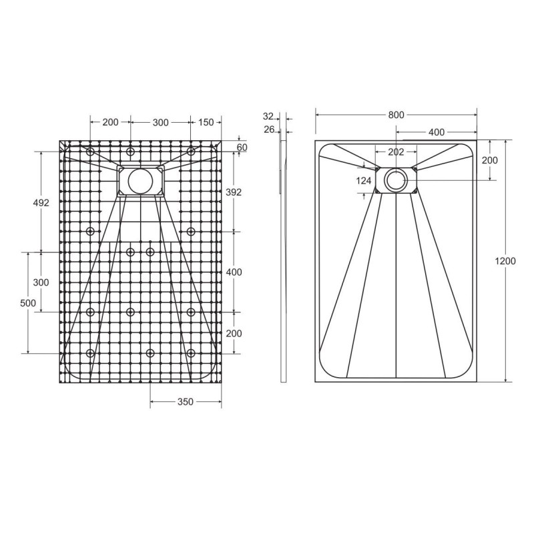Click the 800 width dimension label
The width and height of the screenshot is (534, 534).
pyautogui.click(x=396, y=115)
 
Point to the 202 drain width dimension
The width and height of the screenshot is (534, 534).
pyautogui.click(x=396, y=152)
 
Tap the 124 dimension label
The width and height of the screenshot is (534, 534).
pyautogui.click(x=364, y=181)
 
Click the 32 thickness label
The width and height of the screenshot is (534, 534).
pyautogui.click(x=269, y=116)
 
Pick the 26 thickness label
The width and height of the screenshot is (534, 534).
pyautogui.click(x=269, y=129)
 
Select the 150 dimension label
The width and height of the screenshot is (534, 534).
pyautogui.click(x=206, y=122)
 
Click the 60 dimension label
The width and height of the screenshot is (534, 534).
pyautogui.click(x=242, y=147)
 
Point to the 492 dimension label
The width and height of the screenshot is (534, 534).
pyautogui.click(x=41, y=203)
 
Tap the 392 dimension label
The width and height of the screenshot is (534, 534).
pyautogui.click(x=233, y=192)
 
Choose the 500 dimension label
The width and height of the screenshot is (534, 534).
pyautogui.click(x=28, y=303)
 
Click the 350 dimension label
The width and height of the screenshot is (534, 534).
pyautogui.click(x=185, y=402)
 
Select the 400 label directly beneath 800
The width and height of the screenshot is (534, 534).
pyautogui.click(x=437, y=132)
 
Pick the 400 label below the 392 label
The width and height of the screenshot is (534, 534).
pyautogui.click(x=233, y=272)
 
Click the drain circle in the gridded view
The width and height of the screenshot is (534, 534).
pyautogui.click(x=140, y=180)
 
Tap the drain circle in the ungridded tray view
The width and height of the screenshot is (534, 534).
pyautogui.click(x=396, y=180)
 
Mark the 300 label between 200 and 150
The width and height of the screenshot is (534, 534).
pyautogui.click(x=160, y=122)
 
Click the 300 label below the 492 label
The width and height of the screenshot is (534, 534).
pyautogui.click(x=41, y=282)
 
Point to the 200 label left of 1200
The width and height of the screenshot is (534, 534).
pyautogui.click(x=490, y=160)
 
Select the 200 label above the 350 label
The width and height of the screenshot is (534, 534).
pyautogui.click(x=233, y=333)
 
